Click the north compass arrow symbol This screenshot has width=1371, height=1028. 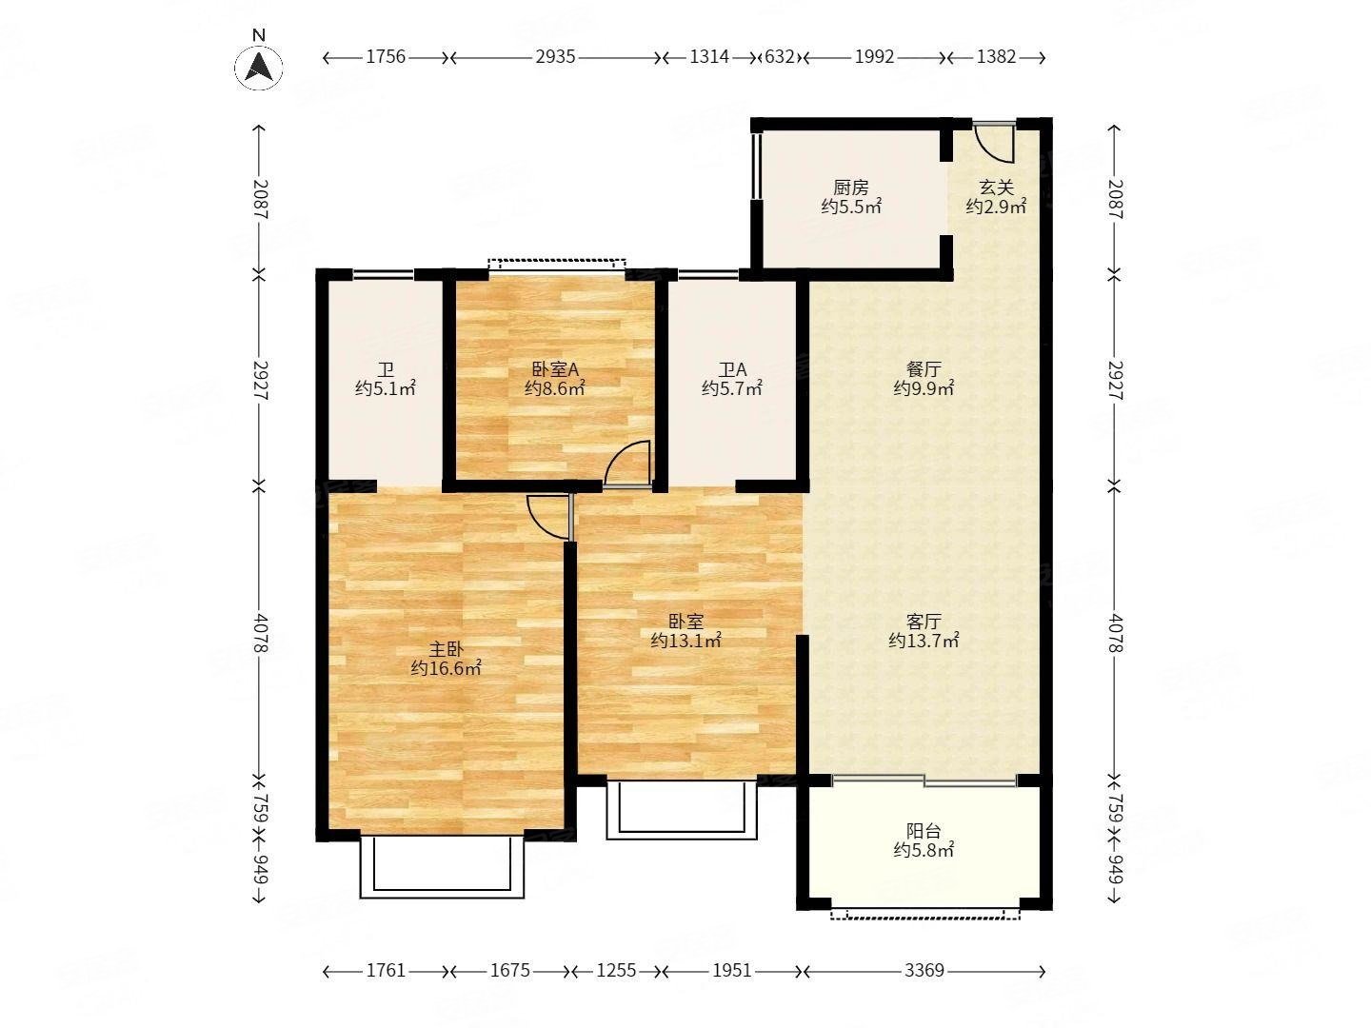pos(258,66)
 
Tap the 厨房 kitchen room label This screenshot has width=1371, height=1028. pos(850,188)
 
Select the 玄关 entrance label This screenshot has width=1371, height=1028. pos(996,188)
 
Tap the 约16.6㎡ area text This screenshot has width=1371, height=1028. pos(446,668)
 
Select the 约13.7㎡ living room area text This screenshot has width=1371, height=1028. pos(924,641)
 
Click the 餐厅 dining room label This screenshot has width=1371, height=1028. pos(924,369)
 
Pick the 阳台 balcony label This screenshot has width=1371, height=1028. pos(924,831)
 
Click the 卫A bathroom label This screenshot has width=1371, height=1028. pos(732,369)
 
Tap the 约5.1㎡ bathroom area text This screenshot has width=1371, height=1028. pos(385,389)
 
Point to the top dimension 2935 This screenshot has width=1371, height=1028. pos(555,57)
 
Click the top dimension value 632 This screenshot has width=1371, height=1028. pos(780,57)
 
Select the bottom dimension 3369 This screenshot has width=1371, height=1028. pos(924,971)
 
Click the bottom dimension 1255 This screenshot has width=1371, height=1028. pos(616,971)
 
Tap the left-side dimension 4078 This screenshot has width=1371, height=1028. pos(261,634)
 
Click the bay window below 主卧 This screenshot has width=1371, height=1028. pos(442,866)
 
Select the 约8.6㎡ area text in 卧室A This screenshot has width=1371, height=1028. pos(554,389)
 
